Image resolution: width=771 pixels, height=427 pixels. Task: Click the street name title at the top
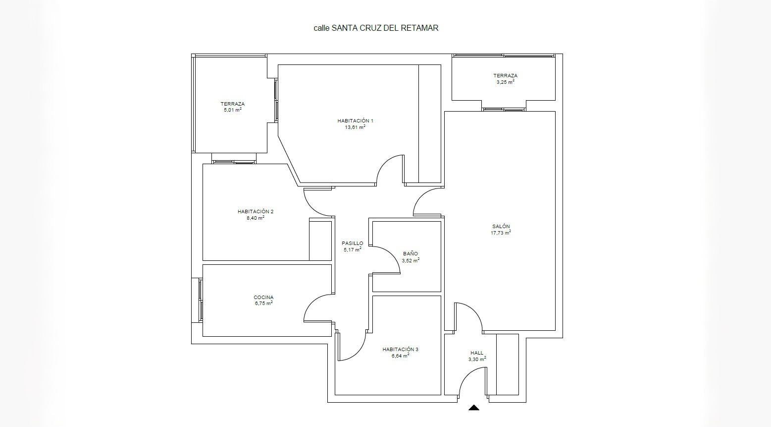pyautogui.click(x=376, y=28)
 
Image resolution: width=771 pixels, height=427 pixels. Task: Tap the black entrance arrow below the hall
pyautogui.click(x=473, y=408)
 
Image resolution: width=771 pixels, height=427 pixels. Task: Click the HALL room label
pyautogui.click(x=477, y=353)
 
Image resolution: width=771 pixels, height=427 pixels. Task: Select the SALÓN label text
pyautogui.click(x=501, y=227)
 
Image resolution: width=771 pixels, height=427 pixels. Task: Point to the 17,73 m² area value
pyautogui.click(x=501, y=233)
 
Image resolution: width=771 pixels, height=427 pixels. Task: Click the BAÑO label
pyautogui.click(x=411, y=254)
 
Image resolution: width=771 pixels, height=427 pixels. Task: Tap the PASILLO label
pyautogui.click(x=353, y=244)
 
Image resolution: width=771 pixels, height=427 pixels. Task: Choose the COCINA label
pyautogui.click(x=263, y=298)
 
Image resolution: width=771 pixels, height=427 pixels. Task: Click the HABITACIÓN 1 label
pyautogui.click(x=355, y=121)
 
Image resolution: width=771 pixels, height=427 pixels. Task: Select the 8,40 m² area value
pyautogui.click(x=256, y=218)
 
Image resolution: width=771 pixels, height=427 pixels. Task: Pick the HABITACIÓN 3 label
pyautogui.click(x=400, y=350)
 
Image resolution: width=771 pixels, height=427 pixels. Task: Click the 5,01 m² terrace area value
pyautogui.click(x=233, y=110)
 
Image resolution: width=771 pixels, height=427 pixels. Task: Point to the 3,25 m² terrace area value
pyautogui.click(x=505, y=82)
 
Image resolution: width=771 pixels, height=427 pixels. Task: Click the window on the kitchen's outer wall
pyautogui.click(x=201, y=301)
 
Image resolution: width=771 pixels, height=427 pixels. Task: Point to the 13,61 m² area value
pyautogui.click(x=355, y=127)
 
